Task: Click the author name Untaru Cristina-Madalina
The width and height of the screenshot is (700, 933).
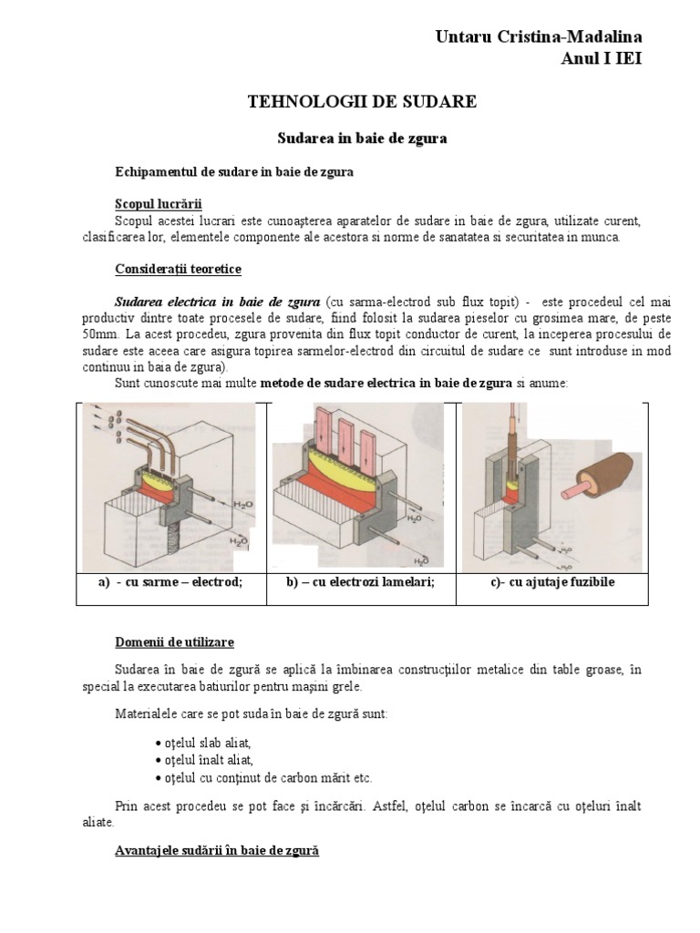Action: [x=551, y=37]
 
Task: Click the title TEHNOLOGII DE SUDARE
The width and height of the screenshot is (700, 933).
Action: [x=362, y=102]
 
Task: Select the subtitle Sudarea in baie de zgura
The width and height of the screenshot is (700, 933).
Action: [x=362, y=138]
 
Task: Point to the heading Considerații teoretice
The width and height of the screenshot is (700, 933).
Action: [x=178, y=270]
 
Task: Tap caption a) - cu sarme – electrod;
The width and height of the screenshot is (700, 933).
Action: [x=171, y=582]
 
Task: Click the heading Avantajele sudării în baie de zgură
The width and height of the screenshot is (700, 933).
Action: [x=217, y=851]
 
